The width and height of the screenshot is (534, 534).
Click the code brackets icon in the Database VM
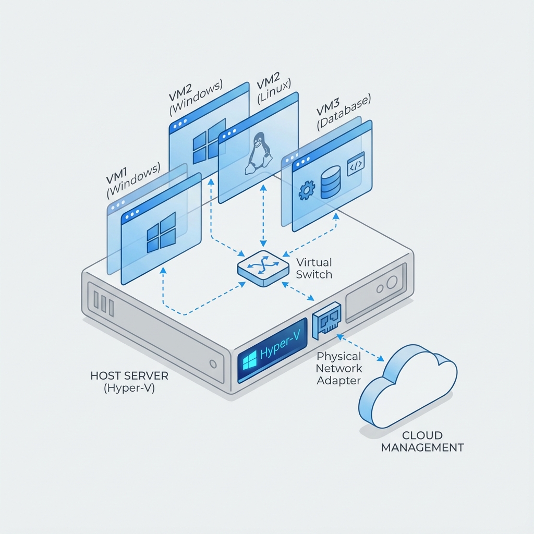[356, 163]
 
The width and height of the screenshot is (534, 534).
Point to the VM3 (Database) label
[344, 112]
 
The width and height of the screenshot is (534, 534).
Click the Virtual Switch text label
[313, 268]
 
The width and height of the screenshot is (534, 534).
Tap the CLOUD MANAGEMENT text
[422, 441]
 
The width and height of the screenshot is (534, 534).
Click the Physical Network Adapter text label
[339, 368]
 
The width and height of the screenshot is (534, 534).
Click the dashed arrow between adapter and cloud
[361, 348]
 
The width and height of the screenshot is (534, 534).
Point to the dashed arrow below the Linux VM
[263, 214]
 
